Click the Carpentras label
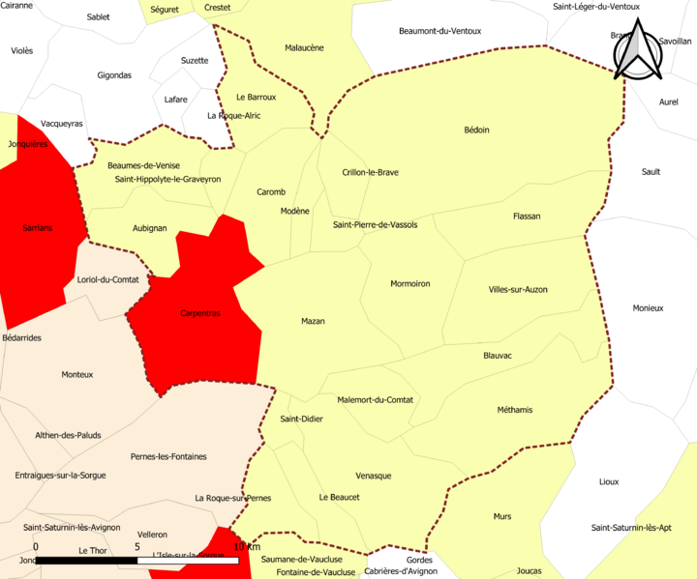(200, 313)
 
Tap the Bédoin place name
(476, 130)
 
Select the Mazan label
(313, 321)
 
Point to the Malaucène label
(304, 47)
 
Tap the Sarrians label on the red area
(37, 228)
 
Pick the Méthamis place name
(515, 410)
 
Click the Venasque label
(374, 476)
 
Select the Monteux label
(77, 374)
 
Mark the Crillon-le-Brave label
(371, 172)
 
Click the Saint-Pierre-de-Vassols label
(375, 224)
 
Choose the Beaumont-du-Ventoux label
(439, 31)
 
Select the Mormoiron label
(409, 283)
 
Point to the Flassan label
(527, 217)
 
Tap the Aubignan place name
(149, 228)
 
